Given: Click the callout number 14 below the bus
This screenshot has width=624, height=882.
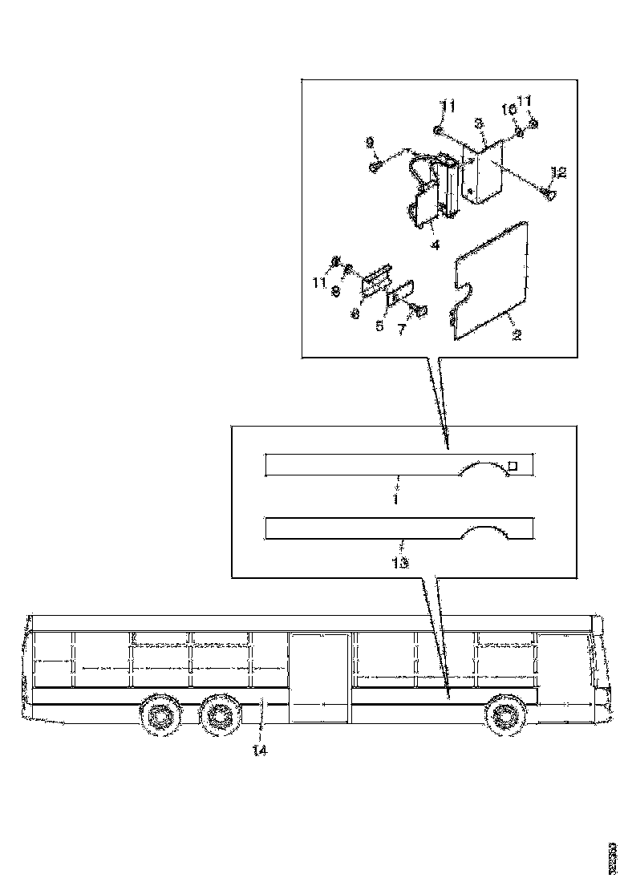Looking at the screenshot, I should [x=259, y=751].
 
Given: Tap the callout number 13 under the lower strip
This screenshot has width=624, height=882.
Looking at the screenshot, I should [x=399, y=563].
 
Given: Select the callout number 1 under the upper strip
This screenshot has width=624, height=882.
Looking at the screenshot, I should [x=395, y=499].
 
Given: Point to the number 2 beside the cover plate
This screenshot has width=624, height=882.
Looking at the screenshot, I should [x=517, y=335].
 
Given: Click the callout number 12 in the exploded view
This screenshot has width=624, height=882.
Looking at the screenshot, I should [x=559, y=172].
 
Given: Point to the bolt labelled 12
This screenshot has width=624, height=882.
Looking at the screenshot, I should [x=548, y=192].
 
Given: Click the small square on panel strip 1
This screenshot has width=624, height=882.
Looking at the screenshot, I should [x=514, y=465].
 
